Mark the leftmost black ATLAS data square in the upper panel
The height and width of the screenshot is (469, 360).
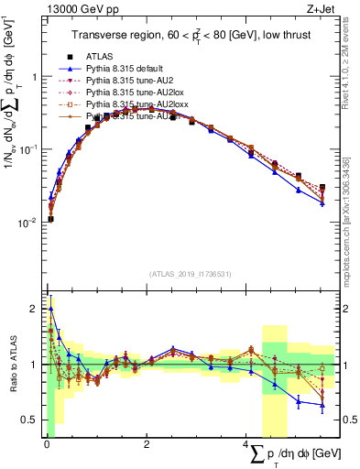[x=50, y=219]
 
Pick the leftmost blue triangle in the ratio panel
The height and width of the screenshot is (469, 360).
[x=50, y=309]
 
